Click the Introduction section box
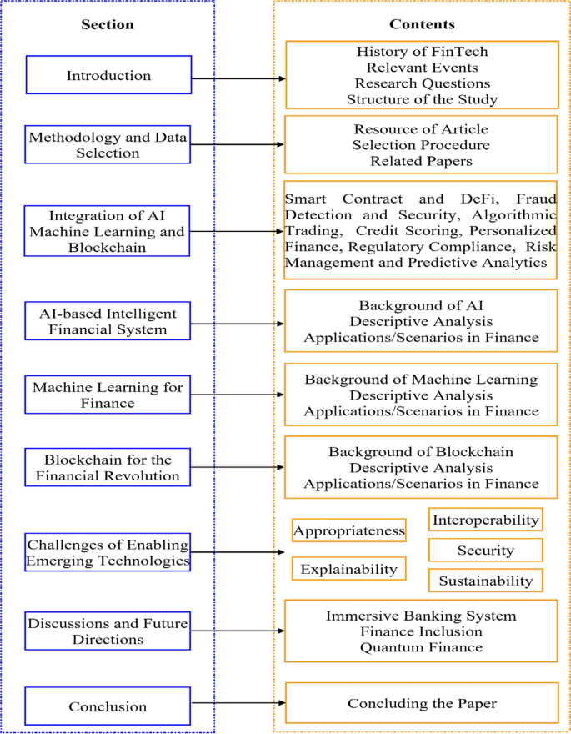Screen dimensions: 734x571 click(x=108, y=76)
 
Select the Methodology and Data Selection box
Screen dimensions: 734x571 click(x=108, y=144)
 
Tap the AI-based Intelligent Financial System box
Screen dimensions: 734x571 click(x=108, y=322)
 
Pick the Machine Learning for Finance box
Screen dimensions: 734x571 click(x=108, y=395)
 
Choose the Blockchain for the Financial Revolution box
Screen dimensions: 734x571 click(x=108, y=468)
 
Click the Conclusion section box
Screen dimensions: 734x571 click(x=108, y=706)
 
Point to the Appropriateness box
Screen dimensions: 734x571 click(x=348, y=530)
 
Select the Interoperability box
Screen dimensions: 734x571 click(x=485, y=520)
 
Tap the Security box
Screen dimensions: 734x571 click(x=485, y=550)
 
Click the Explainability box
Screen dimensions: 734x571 click(x=348, y=570)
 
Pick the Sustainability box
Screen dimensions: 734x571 click(x=485, y=581)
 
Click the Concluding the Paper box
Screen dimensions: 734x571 click(x=422, y=703)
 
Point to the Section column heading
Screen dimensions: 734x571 click(x=108, y=24)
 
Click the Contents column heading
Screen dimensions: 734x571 click(x=422, y=24)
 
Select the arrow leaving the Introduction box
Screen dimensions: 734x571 click(x=238, y=79)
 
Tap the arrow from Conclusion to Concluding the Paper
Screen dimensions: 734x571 click(x=238, y=703)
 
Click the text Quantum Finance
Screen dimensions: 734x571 click(x=422, y=647)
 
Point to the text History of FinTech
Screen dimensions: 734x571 click(x=422, y=53)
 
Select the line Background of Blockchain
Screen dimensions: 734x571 click(x=421, y=452)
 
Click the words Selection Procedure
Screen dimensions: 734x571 click(x=421, y=144)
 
